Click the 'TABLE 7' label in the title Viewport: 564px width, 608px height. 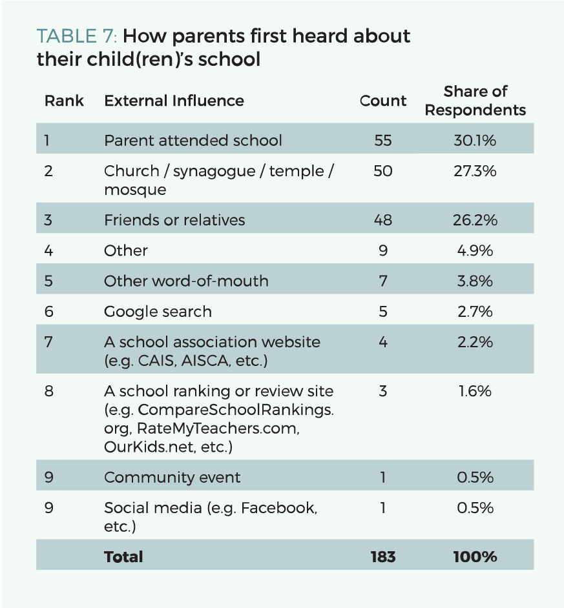click(x=67, y=36)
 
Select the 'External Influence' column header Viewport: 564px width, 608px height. click(x=174, y=101)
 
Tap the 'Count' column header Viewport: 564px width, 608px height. click(x=383, y=101)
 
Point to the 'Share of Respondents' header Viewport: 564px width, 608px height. click(x=475, y=101)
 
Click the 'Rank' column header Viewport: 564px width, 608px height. click(x=64, y=101)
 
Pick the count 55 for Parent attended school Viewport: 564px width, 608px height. click(x=383, y=140)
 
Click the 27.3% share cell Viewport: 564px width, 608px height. click(x=475, y=171)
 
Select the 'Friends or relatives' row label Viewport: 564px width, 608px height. click(x=174, y=219)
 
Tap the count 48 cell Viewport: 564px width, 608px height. click(x=383, y=219)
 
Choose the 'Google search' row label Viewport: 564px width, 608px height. click(x=158, y=312)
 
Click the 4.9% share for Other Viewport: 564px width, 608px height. click(x=475, y=250)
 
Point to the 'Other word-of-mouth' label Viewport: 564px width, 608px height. click(x=186, y=281)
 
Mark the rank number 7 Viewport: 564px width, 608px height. click(x=48, y=341)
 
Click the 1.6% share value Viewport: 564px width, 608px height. click(x=475, y=390)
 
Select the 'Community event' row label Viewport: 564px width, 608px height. click(x=172, y=478)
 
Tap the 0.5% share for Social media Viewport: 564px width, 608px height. click(x=475, y=508)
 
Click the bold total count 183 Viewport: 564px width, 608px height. click(x=383, y=556)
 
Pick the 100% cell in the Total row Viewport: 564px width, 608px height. click(x=475, y=556)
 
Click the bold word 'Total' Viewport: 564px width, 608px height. click(x=123, y=556)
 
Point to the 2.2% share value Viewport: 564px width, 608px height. click(x=475, y=341)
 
